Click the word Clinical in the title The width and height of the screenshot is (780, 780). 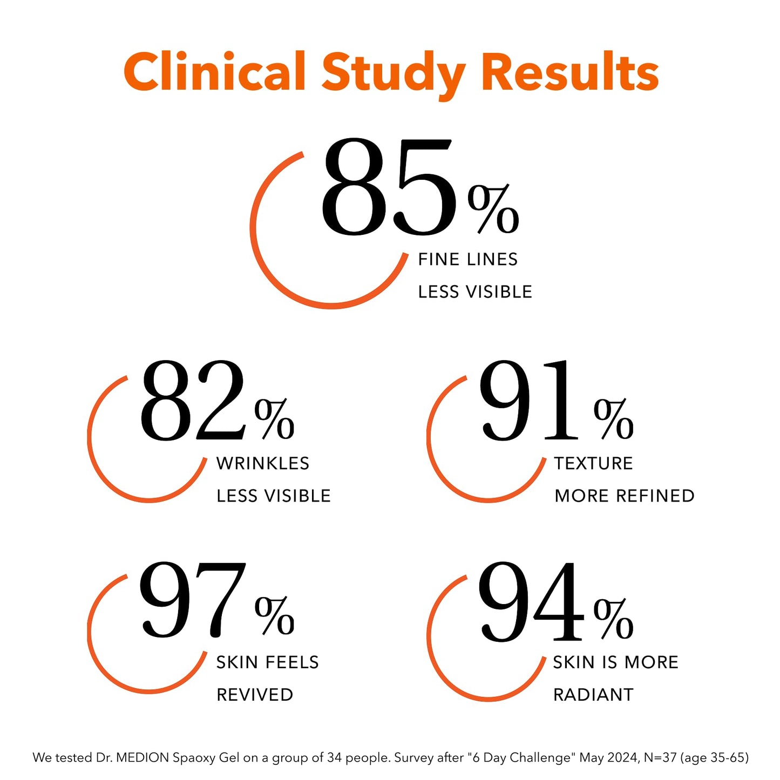(x=214, y=71)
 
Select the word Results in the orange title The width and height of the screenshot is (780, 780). (x=571, y=71)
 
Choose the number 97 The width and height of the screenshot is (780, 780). (x=193, y=600)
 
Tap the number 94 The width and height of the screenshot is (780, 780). (x=531, y=601)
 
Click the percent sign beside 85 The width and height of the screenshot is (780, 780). (x=493, y=209)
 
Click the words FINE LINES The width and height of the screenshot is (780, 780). (x=468, y=260)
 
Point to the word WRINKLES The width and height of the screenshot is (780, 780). (x=263, y=463)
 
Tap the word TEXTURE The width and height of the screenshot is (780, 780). (x=593, y=463)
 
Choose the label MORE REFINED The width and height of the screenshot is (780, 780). (x=625, y=496)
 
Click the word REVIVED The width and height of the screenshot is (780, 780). (x=255, y=695)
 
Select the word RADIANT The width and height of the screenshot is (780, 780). (x=593, y=695)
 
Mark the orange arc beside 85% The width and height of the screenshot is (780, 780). (x=259, y=259)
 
